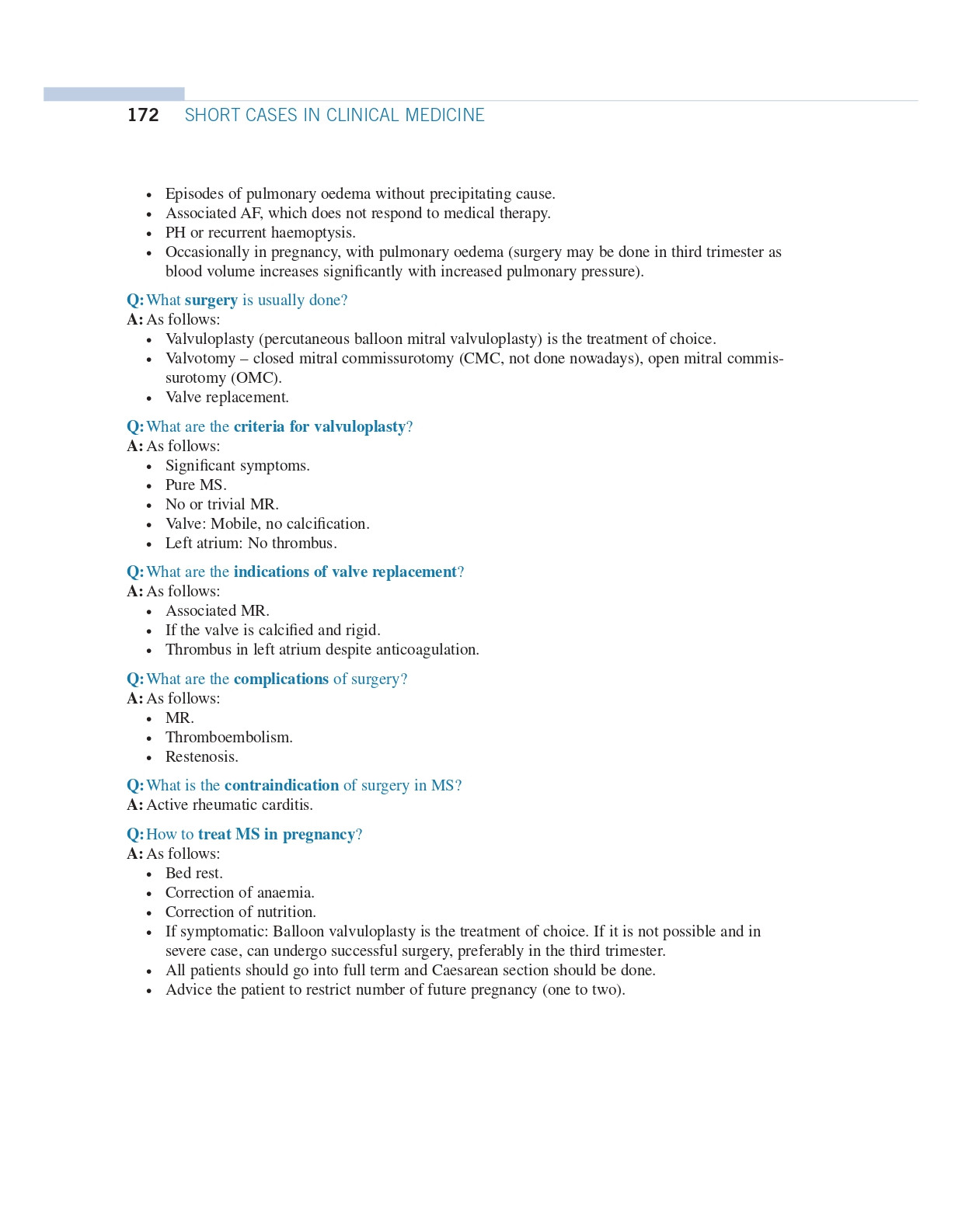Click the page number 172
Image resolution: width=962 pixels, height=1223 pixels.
tap(143, 116)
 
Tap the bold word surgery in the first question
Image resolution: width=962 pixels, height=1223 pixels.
tap(211, 301)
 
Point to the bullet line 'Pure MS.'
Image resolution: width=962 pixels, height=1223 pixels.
tap(196, 485)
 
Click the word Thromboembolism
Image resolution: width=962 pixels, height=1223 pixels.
tap(228, 738)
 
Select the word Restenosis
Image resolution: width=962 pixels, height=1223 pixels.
tap(201, 757)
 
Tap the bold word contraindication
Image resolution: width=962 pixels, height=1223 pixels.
tap(281, 786)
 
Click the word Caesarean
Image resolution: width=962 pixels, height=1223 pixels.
tap(465, 971)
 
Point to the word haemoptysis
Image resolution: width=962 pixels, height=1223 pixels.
tap(312, 233)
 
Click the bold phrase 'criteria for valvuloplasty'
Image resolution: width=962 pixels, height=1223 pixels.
tap(319, 427)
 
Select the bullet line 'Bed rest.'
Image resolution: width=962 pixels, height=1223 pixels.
tap(193, 874)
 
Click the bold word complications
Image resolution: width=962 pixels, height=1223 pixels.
tap(281, 679)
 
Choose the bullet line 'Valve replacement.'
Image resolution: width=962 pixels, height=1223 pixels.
tap(227, 398)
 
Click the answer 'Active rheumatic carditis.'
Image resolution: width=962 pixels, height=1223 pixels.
tap(229, 805)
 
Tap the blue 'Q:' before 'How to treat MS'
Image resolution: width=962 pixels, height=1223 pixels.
tap(135, 835)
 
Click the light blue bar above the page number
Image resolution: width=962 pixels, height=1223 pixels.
tap(114, 94)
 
